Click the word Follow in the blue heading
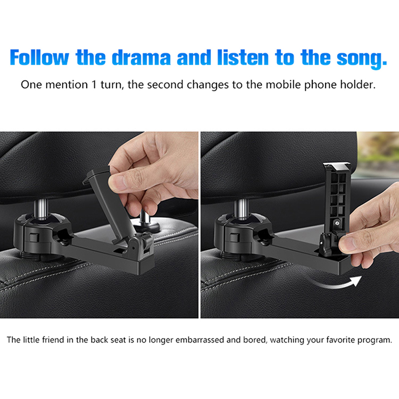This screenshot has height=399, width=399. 39,57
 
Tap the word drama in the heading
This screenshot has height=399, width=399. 141,57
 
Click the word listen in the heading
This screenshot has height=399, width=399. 243,57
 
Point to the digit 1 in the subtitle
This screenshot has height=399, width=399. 94,84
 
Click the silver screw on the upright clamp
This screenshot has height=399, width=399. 337,223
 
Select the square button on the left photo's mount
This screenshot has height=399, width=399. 33,238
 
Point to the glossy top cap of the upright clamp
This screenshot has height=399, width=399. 336,167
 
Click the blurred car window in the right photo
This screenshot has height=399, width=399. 379,155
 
